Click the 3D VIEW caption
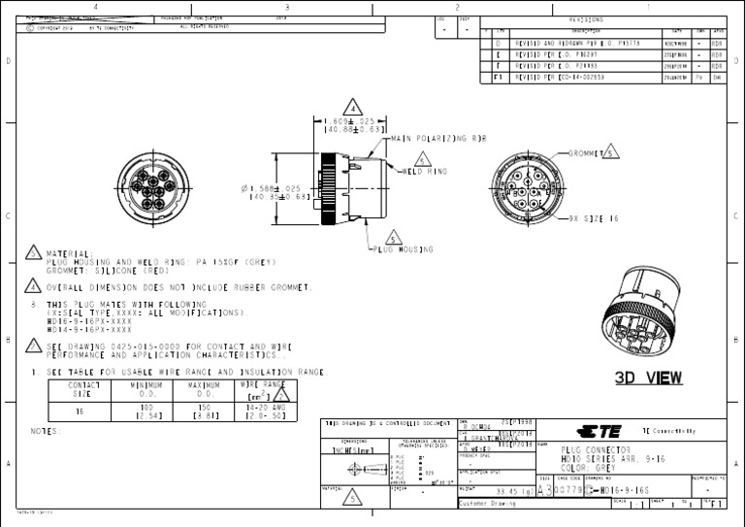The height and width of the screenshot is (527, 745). (648, 378)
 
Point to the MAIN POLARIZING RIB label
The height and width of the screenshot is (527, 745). (437, 139)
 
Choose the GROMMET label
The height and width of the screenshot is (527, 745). (586, 153)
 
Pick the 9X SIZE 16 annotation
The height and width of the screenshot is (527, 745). (594, 219)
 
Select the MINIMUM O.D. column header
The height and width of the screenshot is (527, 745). (146, 388)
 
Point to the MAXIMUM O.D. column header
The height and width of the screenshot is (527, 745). (205, 388)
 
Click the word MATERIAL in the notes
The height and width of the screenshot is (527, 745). (68, 252)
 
